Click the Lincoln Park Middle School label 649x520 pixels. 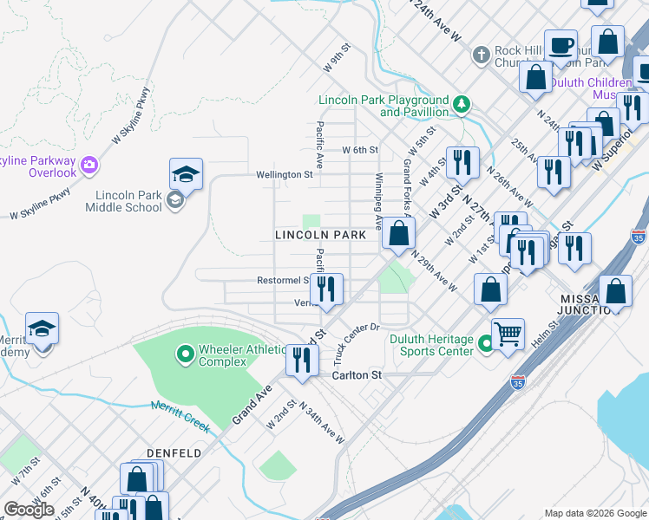pos(123,201)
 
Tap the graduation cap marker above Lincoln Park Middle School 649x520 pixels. pos(186,176)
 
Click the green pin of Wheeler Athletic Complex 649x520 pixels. pos(184,354)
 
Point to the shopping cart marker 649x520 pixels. pos(508,333)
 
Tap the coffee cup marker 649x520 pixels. pos(560,45)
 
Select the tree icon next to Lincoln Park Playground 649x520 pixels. pos(462,105)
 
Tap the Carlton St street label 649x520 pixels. pos(357,376)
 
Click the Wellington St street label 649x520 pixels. pos(284,174)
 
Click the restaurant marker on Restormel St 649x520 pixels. pos(326,289)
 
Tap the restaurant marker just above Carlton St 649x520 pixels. pos(302,361)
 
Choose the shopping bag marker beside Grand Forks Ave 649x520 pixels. pos(398,233)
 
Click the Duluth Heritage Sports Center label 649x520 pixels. pos(436,345)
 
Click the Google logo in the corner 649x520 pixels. pos(29,510)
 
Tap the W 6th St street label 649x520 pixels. pos(360,150)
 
